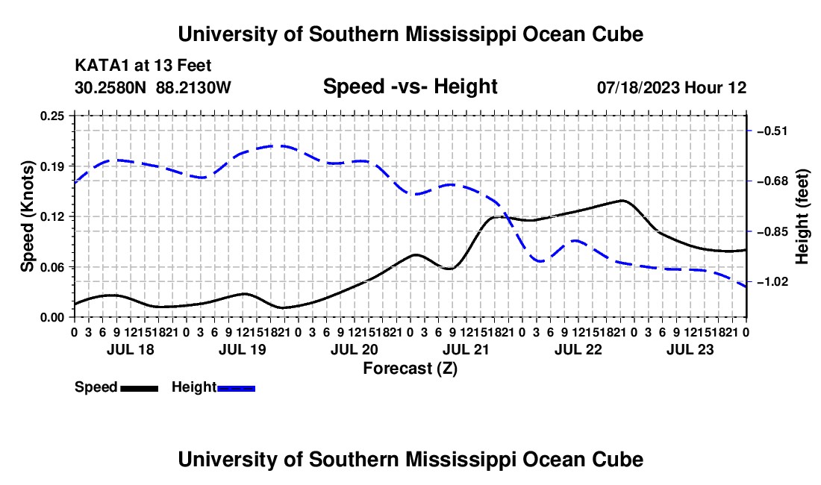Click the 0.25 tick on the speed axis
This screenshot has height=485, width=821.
tap(51, 116)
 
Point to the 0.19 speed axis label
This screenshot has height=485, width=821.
tap(51, 166)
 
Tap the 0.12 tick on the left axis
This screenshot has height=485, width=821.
tap(51, 216)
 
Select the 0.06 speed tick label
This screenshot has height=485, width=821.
tap(51, 267)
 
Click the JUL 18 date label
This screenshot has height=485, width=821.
tap(131, 349)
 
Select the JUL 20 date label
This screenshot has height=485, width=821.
tap(355, 349)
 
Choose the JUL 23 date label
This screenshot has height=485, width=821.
tap(690, 349)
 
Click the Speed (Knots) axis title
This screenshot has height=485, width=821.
tap(27, 216)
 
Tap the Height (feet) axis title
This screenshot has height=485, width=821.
tap(802, 216)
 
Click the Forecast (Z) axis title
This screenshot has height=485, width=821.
tap(410, 369)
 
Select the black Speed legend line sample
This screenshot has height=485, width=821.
tap(140, 389)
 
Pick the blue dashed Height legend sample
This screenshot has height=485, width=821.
tap(236, 389)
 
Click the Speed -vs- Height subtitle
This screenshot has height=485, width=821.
tap(410, 87)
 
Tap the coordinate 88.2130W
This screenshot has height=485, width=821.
tap(193, 87)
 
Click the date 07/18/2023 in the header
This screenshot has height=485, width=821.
tap(638, 87)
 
